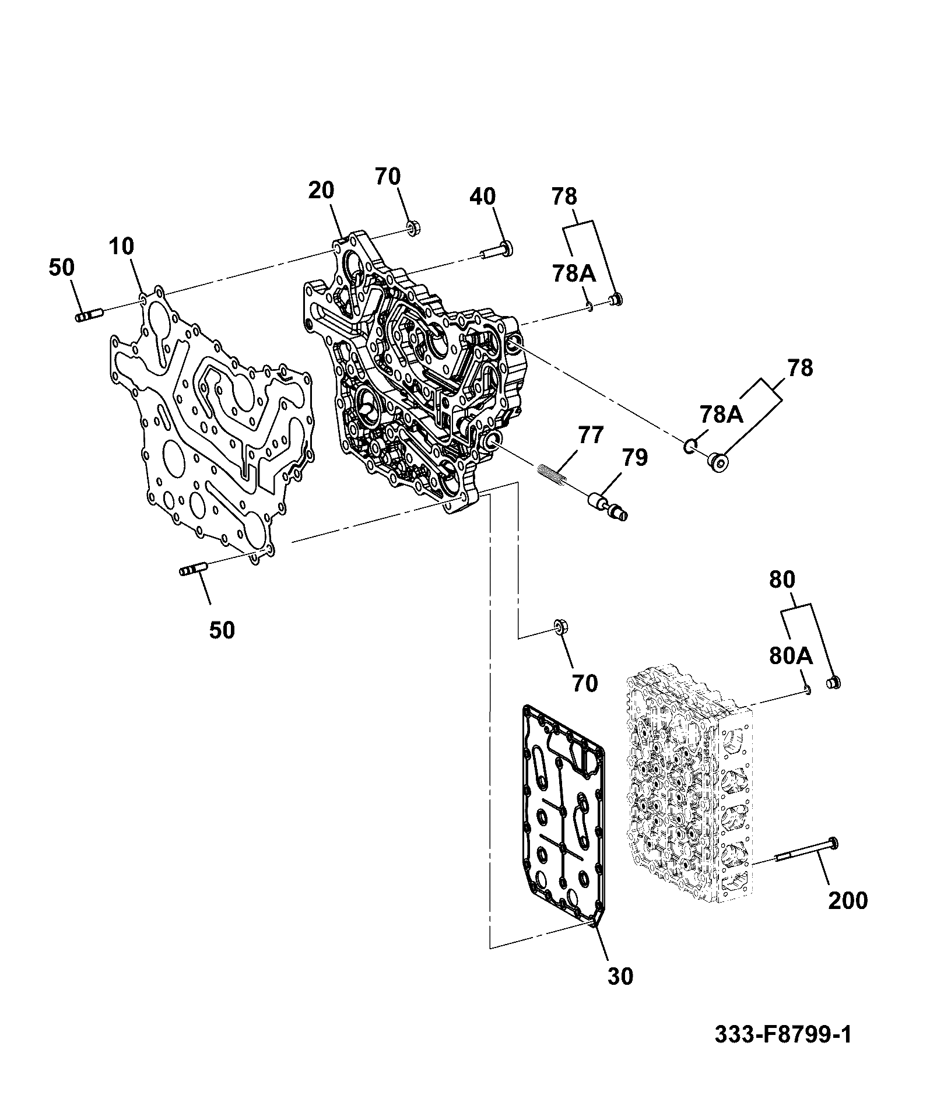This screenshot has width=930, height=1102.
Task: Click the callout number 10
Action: point(121,248)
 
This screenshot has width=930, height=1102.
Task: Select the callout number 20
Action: point(321,191)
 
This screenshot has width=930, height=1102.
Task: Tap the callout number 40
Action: point(483,197)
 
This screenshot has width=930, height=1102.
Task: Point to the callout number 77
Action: point(591,436)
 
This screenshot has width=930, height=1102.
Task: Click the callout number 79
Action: point(634,458)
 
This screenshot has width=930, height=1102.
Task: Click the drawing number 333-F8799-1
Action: point(783,1034)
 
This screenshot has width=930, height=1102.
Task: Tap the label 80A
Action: point(791,657)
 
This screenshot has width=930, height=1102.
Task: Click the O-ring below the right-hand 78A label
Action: point(689,447)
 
